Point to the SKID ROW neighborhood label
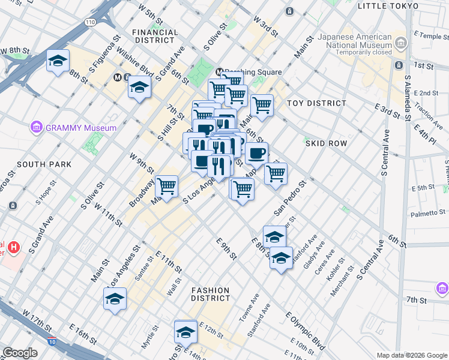(326, 144)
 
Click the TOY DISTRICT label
(316, 103)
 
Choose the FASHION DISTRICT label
(211, 294)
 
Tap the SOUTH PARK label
(36, 164)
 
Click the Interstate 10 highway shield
(52, 341)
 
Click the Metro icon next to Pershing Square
(220, 71)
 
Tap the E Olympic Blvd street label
(304, 326)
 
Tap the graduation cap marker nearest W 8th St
(58, 61)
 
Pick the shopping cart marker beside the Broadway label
(167, 187)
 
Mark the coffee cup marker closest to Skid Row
(256, 153)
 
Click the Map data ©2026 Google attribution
(411, 355)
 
